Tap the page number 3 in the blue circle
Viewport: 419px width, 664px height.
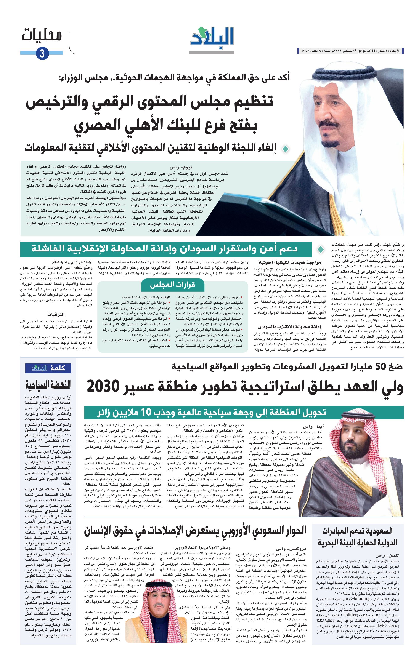(42, 53)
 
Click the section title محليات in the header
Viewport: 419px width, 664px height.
(42, 35)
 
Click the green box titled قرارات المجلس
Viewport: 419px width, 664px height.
(172, 285)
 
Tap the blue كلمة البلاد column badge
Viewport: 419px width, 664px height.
(48, 368)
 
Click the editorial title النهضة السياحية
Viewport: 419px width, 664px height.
(48, 384)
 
